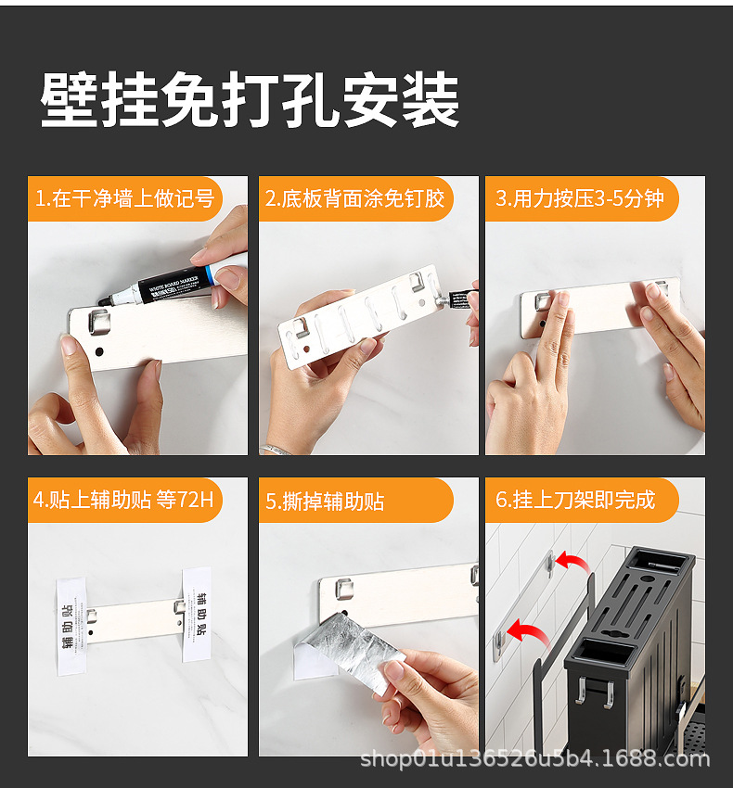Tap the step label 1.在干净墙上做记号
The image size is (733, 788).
(x=124, y=198)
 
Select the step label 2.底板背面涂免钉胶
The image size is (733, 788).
(x=355, y=198)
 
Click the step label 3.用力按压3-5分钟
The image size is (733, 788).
(x=580, y=198)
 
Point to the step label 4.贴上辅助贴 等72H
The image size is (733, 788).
(x=124, y=501)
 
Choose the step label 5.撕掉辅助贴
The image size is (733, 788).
(x=326, y=502)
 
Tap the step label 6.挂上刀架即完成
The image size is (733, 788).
(x=575, y=501)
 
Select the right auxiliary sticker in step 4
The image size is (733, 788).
(x=196, y=614)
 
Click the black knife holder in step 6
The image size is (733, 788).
(x=631, y=640)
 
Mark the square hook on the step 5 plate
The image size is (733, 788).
(x=344, y=587)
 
